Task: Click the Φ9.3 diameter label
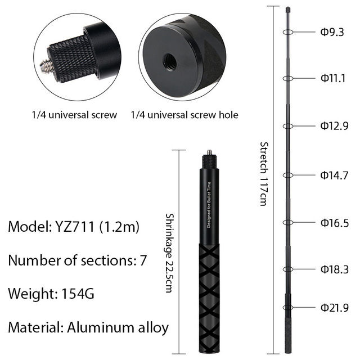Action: point(332,32)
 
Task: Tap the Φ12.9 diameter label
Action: point(335,125)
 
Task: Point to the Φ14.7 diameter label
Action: point(335,175)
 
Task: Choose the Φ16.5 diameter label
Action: point(335,223)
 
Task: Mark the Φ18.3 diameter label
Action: point(335,269)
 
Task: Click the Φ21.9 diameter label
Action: point(335,307)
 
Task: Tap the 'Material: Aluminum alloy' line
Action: point(88,327)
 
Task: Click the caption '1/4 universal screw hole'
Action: point(184,115)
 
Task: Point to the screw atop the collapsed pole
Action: point(210,152)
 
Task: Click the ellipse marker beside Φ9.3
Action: point(288,32)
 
